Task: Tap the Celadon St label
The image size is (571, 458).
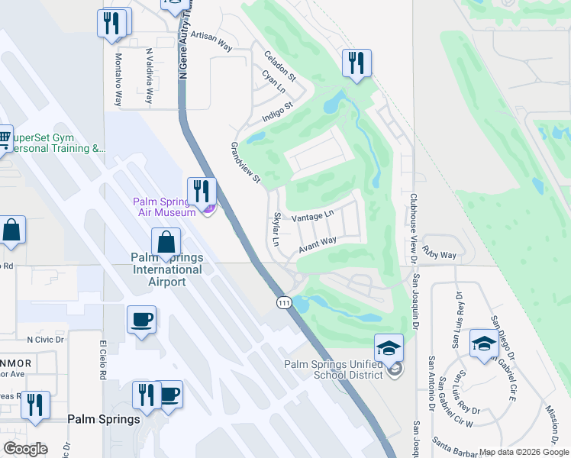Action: [279, 66]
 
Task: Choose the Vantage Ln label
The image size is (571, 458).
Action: [313, 216]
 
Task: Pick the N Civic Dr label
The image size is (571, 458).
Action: [46, 339]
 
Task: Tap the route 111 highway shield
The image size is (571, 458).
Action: [284, 302]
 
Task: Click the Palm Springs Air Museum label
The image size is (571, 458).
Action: [164, 207]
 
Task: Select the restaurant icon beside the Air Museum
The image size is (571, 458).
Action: [202, 193]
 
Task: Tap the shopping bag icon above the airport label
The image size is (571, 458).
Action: [166, 244]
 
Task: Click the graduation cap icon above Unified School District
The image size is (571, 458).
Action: [389, 349]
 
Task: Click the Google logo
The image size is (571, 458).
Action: [25, 449]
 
